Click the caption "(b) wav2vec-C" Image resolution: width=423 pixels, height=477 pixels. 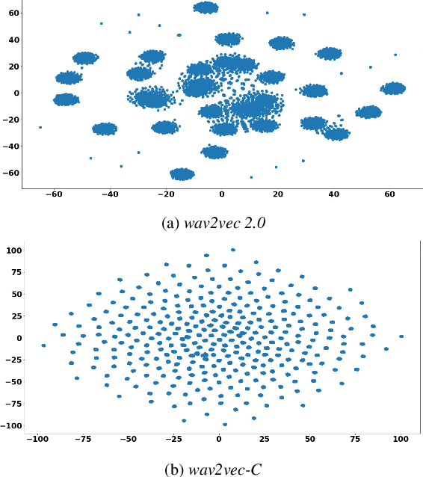211,470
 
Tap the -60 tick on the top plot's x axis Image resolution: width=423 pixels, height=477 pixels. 54,194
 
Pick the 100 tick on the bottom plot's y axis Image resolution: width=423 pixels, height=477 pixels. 13,250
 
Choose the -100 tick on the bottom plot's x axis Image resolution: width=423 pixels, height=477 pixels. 37,438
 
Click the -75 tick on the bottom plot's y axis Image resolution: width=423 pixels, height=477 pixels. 13,403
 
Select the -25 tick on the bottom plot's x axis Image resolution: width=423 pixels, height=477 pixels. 173,438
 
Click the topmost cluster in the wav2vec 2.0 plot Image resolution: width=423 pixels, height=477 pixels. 206,7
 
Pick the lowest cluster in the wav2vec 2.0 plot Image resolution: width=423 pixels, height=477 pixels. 182,174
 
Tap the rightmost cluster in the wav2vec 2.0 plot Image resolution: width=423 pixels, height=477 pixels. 392,88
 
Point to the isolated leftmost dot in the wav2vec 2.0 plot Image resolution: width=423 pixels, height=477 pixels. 40,127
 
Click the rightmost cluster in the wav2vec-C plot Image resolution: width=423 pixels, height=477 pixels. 401,336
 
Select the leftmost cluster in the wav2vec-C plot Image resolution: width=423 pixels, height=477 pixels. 43,345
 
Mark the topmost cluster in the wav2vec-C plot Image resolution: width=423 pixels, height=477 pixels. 233,250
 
